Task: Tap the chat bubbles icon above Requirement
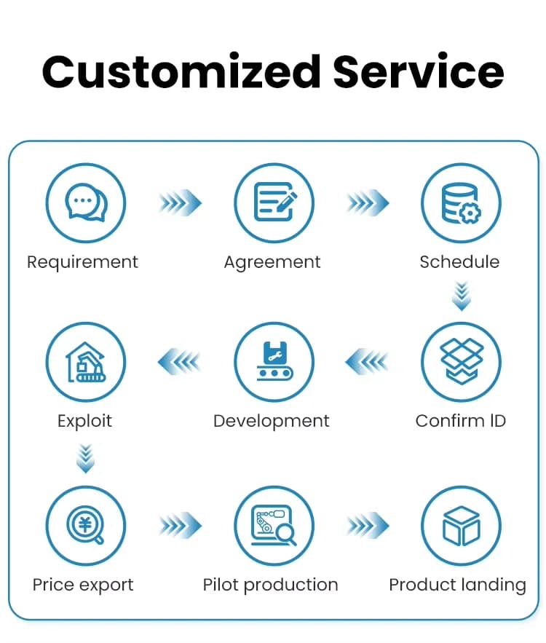coord(86,203)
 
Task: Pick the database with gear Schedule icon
coord(461,203)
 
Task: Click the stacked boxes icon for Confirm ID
coord(461,362)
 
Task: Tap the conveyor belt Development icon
coord(274,362)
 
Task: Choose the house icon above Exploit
coord(86,362)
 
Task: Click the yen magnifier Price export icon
coord(86,526)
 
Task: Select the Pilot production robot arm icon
coord(274,526)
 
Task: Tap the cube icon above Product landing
coord(461,526)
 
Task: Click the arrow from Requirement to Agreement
coord(181,202)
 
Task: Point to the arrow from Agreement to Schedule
coord(368,202)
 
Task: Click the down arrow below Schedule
coord(462,296)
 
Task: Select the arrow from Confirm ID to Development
coord(367,362)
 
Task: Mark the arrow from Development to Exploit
coord(179,362)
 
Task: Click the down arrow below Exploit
coord(86,459)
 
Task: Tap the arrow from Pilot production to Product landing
coord(368,525)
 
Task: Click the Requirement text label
coord(82,262)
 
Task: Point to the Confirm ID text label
coord(461,421)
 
